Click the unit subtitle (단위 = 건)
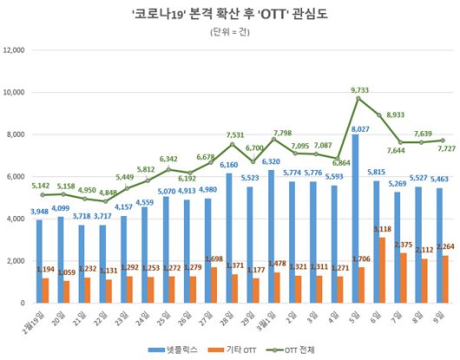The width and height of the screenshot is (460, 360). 229,32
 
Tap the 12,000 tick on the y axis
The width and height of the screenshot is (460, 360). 16,50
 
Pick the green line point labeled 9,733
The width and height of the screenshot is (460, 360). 358,98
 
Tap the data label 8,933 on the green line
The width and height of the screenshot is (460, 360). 398,126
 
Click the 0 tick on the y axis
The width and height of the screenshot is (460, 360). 25,304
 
